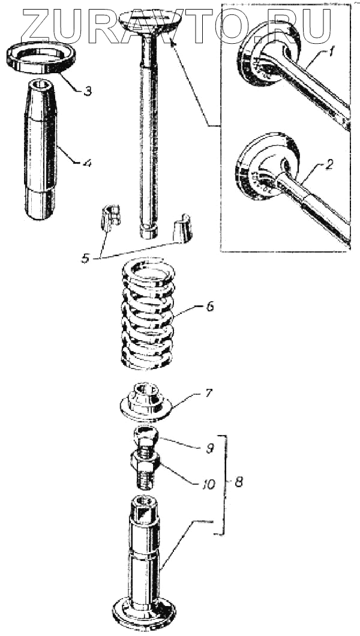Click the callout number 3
click(88, 92)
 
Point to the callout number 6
click(209, 307)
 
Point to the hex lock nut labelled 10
click(144, 462)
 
